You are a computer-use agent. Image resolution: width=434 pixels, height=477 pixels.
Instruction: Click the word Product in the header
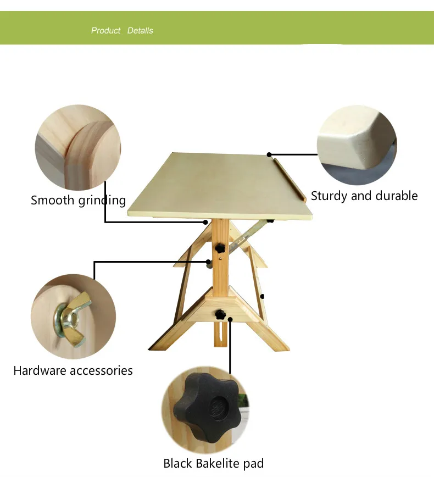click(105, 31)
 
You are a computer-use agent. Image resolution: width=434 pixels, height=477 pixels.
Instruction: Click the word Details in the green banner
click(140, 31)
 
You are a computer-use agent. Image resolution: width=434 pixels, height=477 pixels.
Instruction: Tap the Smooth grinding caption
click(78, 200)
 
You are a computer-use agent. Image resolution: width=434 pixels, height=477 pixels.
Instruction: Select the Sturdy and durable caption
click(364, 196)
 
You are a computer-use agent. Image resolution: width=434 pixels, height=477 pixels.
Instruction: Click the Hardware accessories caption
click(73, 370)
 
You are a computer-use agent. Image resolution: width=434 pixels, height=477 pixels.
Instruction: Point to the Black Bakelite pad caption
click(213, 463)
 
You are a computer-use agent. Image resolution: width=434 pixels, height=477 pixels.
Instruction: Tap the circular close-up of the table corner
click(357, 145)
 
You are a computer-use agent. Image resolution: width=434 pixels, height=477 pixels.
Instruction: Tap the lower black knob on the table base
click(220, 315)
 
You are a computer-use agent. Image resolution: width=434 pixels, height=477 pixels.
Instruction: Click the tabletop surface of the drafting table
click(220, 184)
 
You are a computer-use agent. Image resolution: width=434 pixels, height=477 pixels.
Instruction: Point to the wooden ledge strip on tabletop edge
click(290, 179)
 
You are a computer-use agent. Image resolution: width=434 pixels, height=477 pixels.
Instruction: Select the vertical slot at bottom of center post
click(221, 334)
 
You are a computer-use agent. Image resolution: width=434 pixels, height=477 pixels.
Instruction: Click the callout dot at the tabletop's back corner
click(269, 154)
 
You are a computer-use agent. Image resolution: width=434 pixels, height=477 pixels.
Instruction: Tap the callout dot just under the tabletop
click(206, 222)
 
